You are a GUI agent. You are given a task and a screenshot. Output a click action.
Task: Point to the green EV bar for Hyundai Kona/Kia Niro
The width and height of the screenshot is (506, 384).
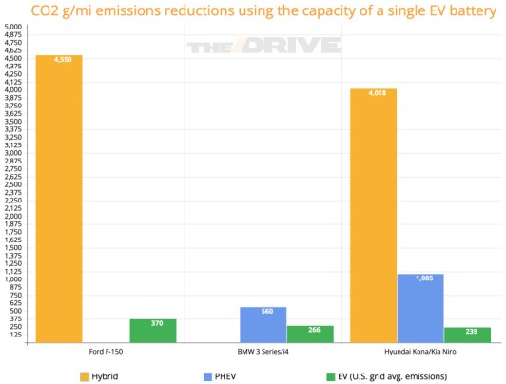[x=467, y=336]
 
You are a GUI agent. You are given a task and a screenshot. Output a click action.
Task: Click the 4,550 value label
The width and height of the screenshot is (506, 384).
[x=59, y=60]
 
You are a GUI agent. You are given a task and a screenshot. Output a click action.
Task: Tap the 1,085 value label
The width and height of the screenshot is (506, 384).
[x=420, y=278]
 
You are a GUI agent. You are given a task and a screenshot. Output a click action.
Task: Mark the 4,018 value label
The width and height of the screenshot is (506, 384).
[x=373, y=93]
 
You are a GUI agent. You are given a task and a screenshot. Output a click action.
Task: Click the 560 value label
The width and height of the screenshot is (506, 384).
[x=263, y=312]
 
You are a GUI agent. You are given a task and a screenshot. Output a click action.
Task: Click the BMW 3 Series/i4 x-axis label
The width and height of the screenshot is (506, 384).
[x=263, y=353]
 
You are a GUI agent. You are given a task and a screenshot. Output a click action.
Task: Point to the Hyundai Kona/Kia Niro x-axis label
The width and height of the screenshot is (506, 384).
[x=420, y=353]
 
